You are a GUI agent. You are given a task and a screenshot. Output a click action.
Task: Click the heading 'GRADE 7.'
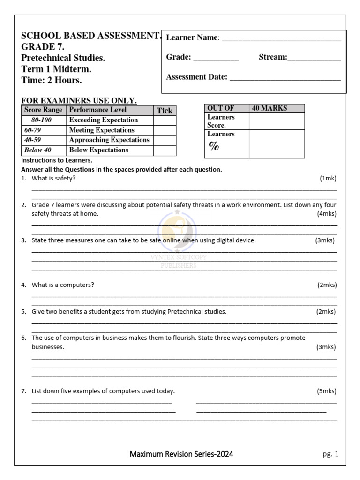(43, 47)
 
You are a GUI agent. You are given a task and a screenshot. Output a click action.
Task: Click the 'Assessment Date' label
(196, 77)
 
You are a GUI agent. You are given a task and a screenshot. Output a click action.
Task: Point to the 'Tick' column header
(165, 111)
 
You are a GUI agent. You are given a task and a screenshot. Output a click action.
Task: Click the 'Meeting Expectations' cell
(102, 130)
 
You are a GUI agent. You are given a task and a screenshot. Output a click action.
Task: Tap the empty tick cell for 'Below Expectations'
(165, 150)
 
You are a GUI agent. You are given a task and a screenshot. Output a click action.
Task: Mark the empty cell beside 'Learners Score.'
(277, 121)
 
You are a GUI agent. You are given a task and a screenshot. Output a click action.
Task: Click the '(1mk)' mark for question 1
(328, 178)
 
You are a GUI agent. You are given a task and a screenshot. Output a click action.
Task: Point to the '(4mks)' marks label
(327, 214)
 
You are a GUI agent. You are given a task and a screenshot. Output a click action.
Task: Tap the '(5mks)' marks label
(327, 391)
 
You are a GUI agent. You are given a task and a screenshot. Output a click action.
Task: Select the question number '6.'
(23, 338)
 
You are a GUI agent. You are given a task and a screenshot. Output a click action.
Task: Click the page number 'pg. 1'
(330, 454)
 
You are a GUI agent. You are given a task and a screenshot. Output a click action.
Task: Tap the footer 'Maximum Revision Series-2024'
(181, 454)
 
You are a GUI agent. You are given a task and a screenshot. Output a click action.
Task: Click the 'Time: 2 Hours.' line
(52, 80)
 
